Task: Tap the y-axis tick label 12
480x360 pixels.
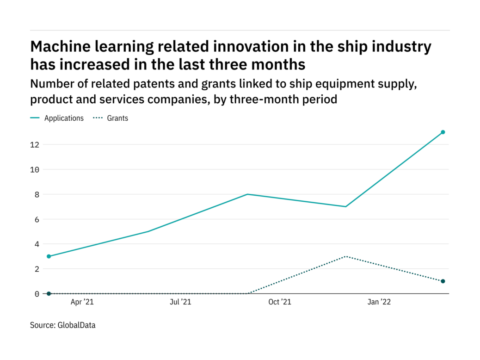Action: click(35, 145)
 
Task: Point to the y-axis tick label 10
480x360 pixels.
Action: click(35, 170)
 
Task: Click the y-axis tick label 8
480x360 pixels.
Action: click(37, 194)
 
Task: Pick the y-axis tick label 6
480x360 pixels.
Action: click(37, 219)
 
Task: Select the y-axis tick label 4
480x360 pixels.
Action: click(37, 244)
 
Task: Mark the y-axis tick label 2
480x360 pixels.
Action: click(37, 269)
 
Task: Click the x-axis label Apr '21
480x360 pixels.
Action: click(82, 302)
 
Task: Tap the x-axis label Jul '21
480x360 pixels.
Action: click(180, 302)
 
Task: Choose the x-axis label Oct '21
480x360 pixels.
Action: click(280, 302)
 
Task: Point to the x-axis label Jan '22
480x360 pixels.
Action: click(379, 302)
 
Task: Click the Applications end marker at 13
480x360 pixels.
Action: click(443, 132)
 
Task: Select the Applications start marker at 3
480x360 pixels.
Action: click(49, 256)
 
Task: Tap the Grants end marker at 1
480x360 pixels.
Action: click(443, 281)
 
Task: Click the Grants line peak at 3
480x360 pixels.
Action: click(345, 256)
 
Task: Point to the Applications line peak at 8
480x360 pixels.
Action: click(247, 194)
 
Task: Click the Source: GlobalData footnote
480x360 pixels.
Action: click(62, 325)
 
